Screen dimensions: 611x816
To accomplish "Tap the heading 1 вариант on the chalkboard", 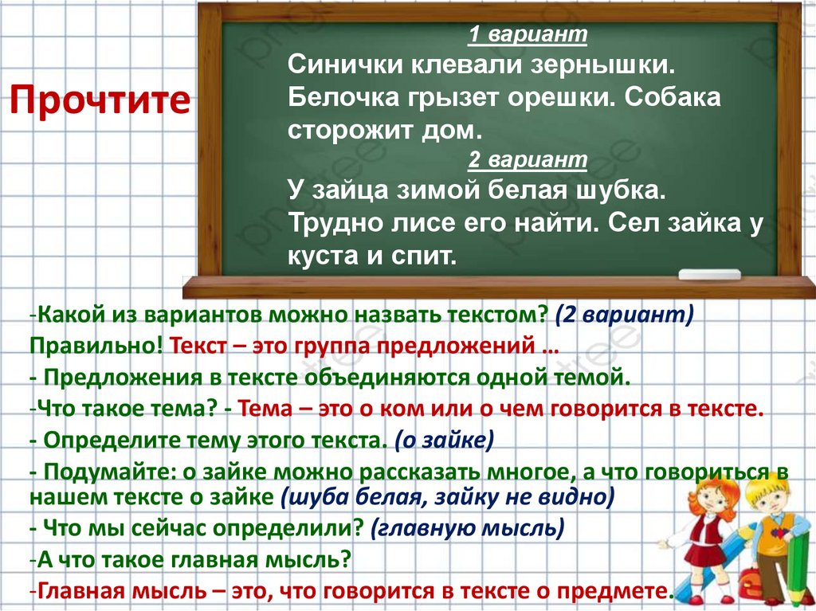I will pyautogui.click(x=527, y=36).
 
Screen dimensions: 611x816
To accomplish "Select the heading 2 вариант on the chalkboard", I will pyautogui.click(x=527, y=160).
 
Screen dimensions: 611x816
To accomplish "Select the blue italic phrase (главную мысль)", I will pyautogui.click(x=468, y=528).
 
